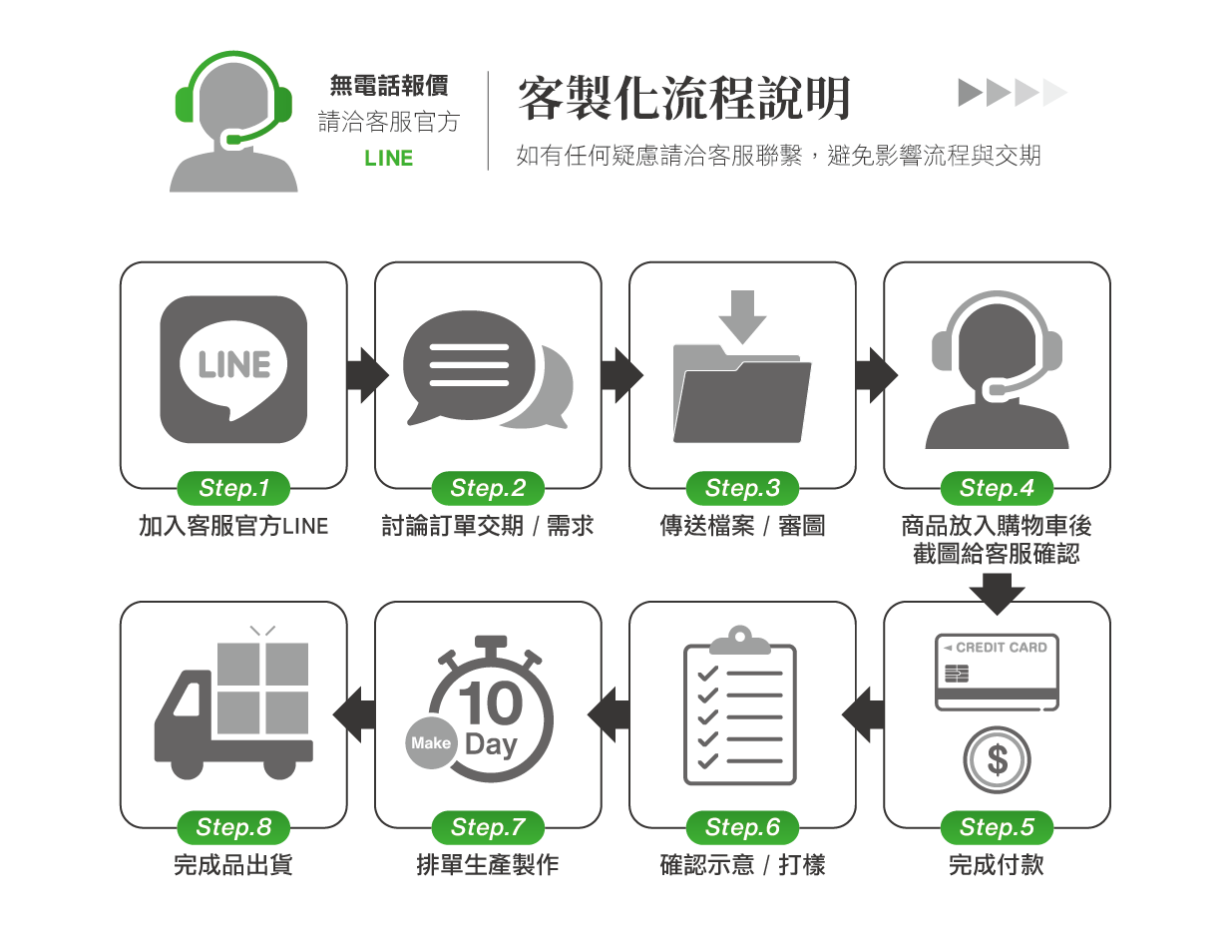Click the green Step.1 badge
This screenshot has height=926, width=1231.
pos(233,488)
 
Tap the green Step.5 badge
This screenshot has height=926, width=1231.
pos(997,827)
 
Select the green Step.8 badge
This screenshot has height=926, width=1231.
pos(233,827)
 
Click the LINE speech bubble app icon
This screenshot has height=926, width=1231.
pos(233,369)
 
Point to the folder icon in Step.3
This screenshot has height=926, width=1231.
pos(741,392)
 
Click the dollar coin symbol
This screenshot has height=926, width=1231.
pos(997,760)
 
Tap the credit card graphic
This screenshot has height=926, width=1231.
pos(997,672)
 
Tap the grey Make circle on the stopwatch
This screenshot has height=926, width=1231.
pos(431,743)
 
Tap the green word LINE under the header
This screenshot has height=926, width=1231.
pos(388,159)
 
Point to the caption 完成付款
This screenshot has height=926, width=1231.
pos(996,864)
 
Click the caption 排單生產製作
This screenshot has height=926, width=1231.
pos(487,864)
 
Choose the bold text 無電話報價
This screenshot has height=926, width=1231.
pos(388,86)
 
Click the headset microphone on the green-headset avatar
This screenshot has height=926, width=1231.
pos(233,139)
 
